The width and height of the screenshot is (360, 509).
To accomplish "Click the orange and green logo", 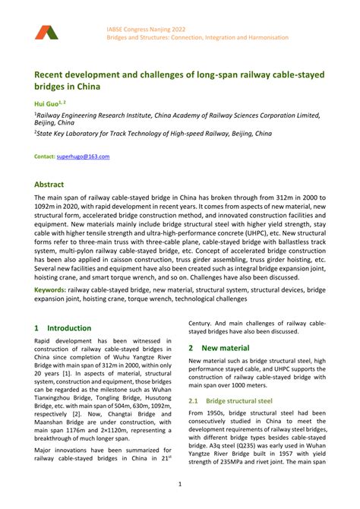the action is click(45, 32).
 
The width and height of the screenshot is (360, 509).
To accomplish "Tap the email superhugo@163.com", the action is click(84, 156).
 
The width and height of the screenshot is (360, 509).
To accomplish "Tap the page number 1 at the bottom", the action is click(180, 484).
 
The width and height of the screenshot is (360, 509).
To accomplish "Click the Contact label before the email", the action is click(45, 156).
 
